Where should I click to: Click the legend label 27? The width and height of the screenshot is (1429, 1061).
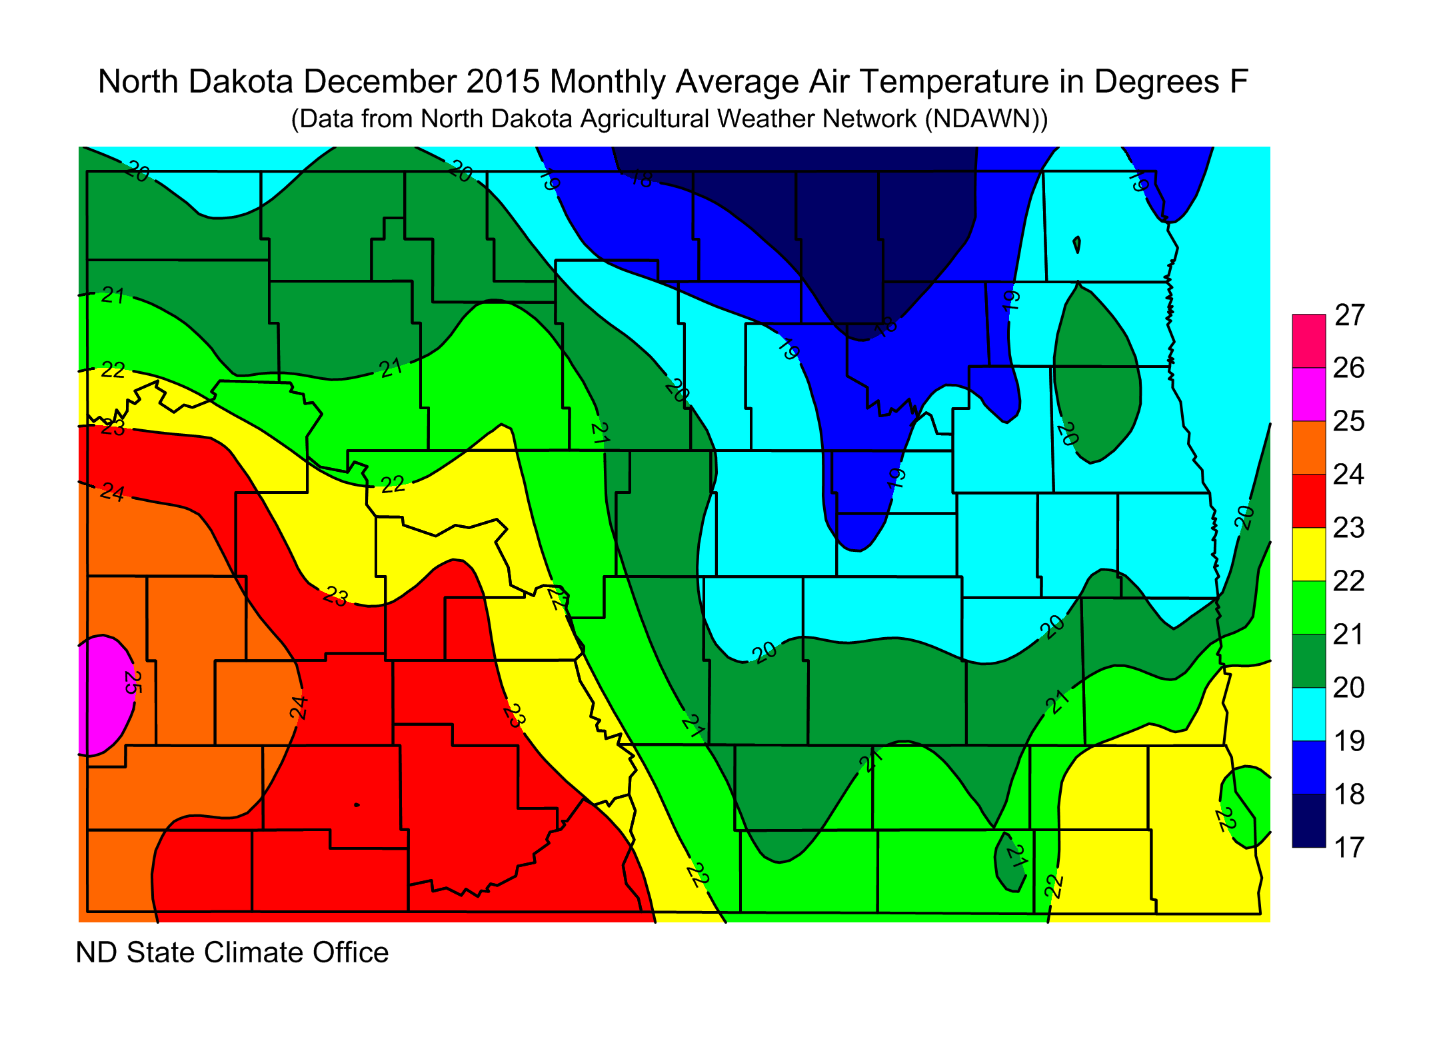coord(1350,315)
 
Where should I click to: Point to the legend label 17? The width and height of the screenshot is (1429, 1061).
coord(1350,847)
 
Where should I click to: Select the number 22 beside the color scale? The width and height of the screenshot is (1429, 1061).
coord(1350,580)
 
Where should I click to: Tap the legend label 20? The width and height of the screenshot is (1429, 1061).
coord(1350,687)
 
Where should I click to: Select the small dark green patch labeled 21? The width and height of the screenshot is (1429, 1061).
coord(1008,863)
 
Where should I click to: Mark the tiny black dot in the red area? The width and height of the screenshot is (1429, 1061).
coord(357,805)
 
